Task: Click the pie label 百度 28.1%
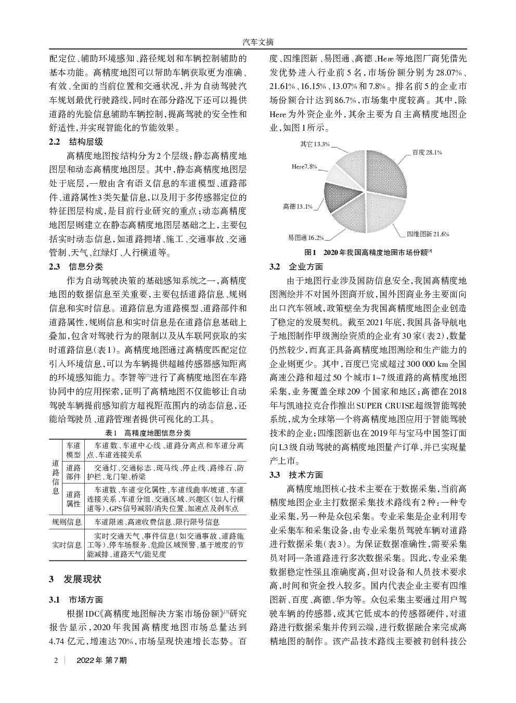[x=427, y=152]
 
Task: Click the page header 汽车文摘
[x=258, y=42]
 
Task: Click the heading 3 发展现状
[x=75, y=579]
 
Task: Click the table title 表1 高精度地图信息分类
[x=148, y=433]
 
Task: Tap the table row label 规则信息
[x=67, y=522]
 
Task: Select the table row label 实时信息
[x=67, y=545]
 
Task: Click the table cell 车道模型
[x=73, y=450]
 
